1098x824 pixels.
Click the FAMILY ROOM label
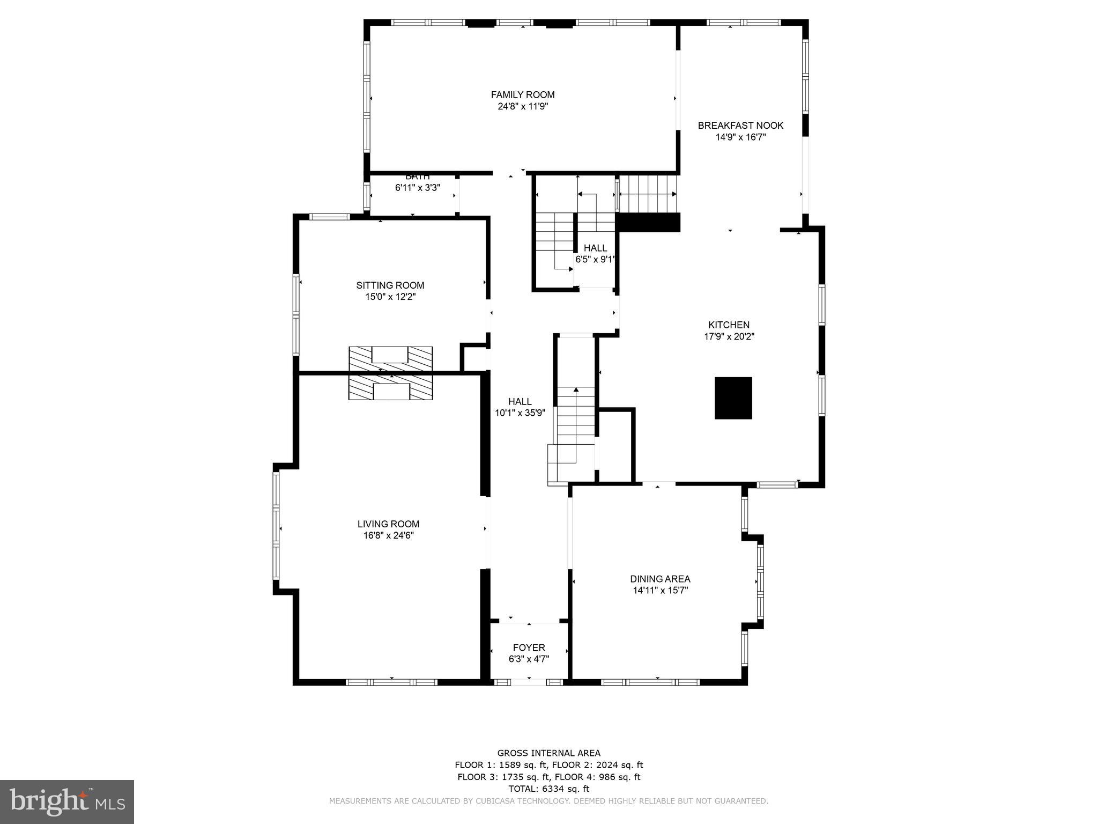[522, 95]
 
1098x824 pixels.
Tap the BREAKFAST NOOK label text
[740, 126]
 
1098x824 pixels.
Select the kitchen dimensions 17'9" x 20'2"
[729, 337]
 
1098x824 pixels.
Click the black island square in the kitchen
[733, 398]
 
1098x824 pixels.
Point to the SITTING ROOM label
[390, 285]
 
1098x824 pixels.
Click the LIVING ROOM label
[388, 524]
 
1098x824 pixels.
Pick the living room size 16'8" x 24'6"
[388, 535]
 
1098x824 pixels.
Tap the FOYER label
[529, 648]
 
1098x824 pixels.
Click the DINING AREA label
[660, 579]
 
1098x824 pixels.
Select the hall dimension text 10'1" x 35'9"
[520, 413]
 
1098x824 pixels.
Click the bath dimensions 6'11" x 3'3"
[417, 188]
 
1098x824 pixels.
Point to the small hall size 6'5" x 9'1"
[595, 259]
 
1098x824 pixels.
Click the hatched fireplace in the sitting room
[390, 358]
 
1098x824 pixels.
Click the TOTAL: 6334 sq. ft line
[548, 789]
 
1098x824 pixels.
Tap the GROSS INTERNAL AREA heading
[548, 753]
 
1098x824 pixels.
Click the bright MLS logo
[67, 801]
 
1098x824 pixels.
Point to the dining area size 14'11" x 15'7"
[660, 591]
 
